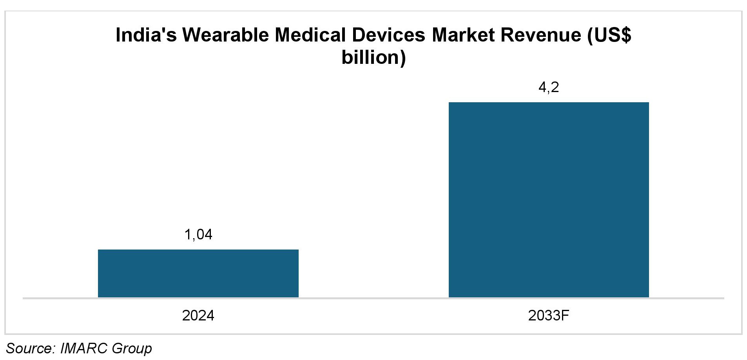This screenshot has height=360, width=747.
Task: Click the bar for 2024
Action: click(x=198, y=273)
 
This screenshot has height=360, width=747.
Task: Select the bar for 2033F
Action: click(x=548, y=199)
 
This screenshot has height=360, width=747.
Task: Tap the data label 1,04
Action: click(x=198, y=234)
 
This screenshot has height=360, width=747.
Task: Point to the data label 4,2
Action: click(x=548, y=87)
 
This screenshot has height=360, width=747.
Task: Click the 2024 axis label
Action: click(x=198, y=315)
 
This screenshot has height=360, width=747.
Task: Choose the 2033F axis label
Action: click(x=548, y=315)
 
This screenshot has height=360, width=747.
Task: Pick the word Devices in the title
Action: click(x=388, y=35)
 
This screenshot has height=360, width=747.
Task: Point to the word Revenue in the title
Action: click(x=541, y=35)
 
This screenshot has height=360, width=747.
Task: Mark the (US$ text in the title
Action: click(x=609, y=35)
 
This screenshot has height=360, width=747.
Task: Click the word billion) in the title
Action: click(x=373, y=58)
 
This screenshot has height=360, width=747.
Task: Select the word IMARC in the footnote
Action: click(x=84, y=348)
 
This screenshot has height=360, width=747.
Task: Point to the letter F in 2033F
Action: click(x=564, y=315)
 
